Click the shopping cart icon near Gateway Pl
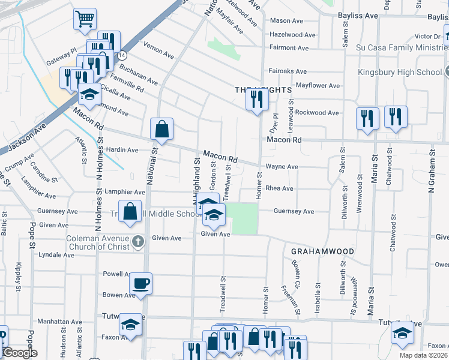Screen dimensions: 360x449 (85, 19)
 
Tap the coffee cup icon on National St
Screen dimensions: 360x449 (141, 283)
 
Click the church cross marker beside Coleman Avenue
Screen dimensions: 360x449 (138, 241)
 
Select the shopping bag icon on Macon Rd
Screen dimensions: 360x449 (162, 128)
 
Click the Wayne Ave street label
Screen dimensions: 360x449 (282, 167)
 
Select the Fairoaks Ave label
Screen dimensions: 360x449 (288, 71)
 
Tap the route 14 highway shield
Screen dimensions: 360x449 (122, 54)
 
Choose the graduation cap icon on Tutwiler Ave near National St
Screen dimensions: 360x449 (130, 325)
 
